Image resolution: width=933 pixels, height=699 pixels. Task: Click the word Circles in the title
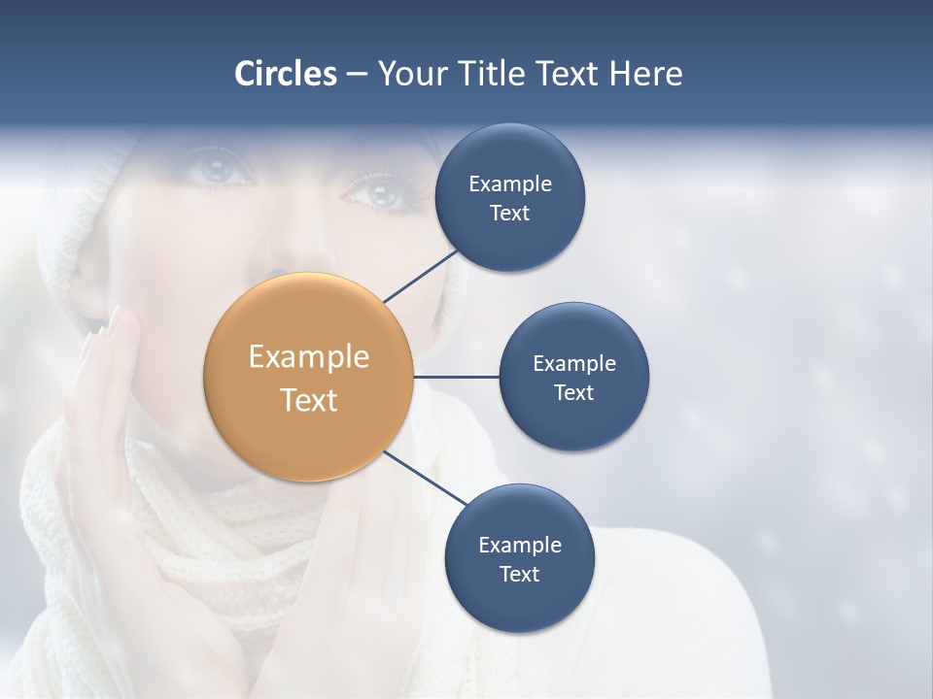(x=285, y=74)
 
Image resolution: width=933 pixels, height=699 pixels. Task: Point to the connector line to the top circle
(x=422, y=275)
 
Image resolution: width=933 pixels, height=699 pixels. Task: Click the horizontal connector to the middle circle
(x=456, y=377)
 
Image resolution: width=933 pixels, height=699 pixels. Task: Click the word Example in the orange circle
(x=308, y=357)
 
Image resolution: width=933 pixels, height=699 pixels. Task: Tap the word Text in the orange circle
(x=308, y=400)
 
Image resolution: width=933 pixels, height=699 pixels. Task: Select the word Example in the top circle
(x=509, y=184)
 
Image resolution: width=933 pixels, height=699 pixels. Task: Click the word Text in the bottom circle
(x=519, y=575)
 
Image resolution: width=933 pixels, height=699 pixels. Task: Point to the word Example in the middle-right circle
(x=573, y=364)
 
